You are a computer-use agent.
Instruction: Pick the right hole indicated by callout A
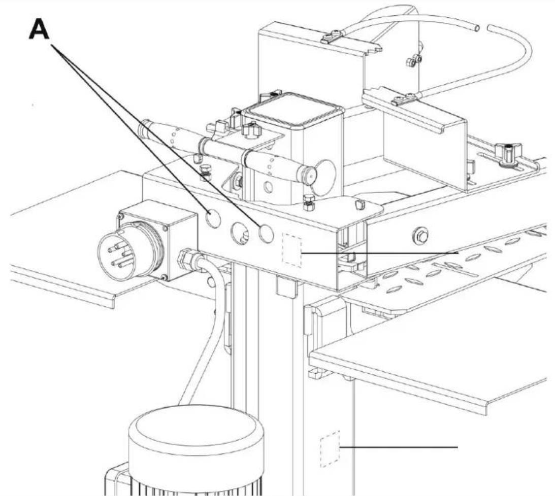click(x=266, y=234)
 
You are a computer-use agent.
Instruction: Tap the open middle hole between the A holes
click(x=240, y=233)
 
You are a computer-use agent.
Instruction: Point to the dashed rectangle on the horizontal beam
click(x=291, y=250)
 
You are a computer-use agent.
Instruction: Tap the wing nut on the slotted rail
click(x=507, y=154)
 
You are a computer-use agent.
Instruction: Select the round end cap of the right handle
click(x=309, y=173)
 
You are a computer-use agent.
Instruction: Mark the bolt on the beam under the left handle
click(x=204, y=172)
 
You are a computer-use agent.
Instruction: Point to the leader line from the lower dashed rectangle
click(x=399, y=448)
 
